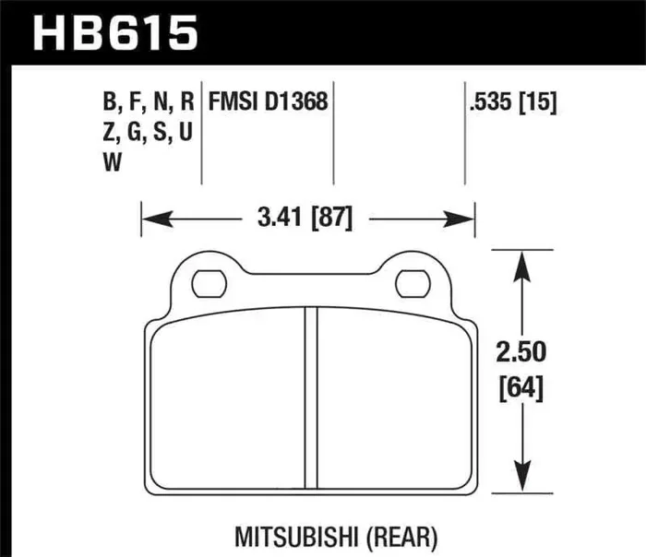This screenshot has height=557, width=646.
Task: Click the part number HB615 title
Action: (116, 34)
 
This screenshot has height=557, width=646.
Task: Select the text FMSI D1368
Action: (269, 101)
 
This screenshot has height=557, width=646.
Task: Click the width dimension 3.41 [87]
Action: (305, 219)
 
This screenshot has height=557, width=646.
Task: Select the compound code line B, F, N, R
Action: (150, 101)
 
